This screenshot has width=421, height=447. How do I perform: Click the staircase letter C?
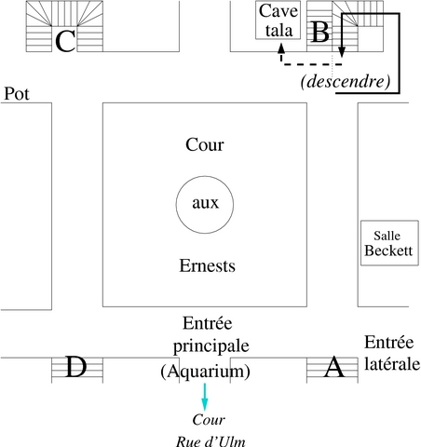(65, 41)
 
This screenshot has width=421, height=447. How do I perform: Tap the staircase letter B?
(319, 32)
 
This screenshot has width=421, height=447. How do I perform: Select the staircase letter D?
(76, 367)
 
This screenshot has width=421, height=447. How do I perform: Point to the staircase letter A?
(334, 367)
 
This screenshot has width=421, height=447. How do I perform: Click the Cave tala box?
(278, 20)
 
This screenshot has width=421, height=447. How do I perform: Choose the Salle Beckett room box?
(389, 243)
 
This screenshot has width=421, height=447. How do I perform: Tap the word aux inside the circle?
(206, 203)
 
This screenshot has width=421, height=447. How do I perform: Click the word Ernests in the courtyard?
(208, 266)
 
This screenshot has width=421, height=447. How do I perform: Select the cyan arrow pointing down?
(204, 397)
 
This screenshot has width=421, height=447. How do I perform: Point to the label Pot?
(17, 94)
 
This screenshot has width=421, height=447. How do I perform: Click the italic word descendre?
(346, 81)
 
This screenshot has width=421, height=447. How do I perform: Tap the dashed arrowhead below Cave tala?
(281, 47)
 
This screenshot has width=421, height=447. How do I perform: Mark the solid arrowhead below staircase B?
(342, 52)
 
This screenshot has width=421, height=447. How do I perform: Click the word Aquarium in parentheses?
(205, 371)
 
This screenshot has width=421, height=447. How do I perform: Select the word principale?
(211, 346)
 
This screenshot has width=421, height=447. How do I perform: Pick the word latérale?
(392, 363)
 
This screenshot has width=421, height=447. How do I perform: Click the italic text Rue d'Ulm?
(210, 441)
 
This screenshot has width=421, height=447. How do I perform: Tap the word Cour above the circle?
(205, 145)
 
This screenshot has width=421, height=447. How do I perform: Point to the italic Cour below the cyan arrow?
(209, 420)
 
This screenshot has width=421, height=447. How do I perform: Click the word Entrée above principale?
(208, 323)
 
